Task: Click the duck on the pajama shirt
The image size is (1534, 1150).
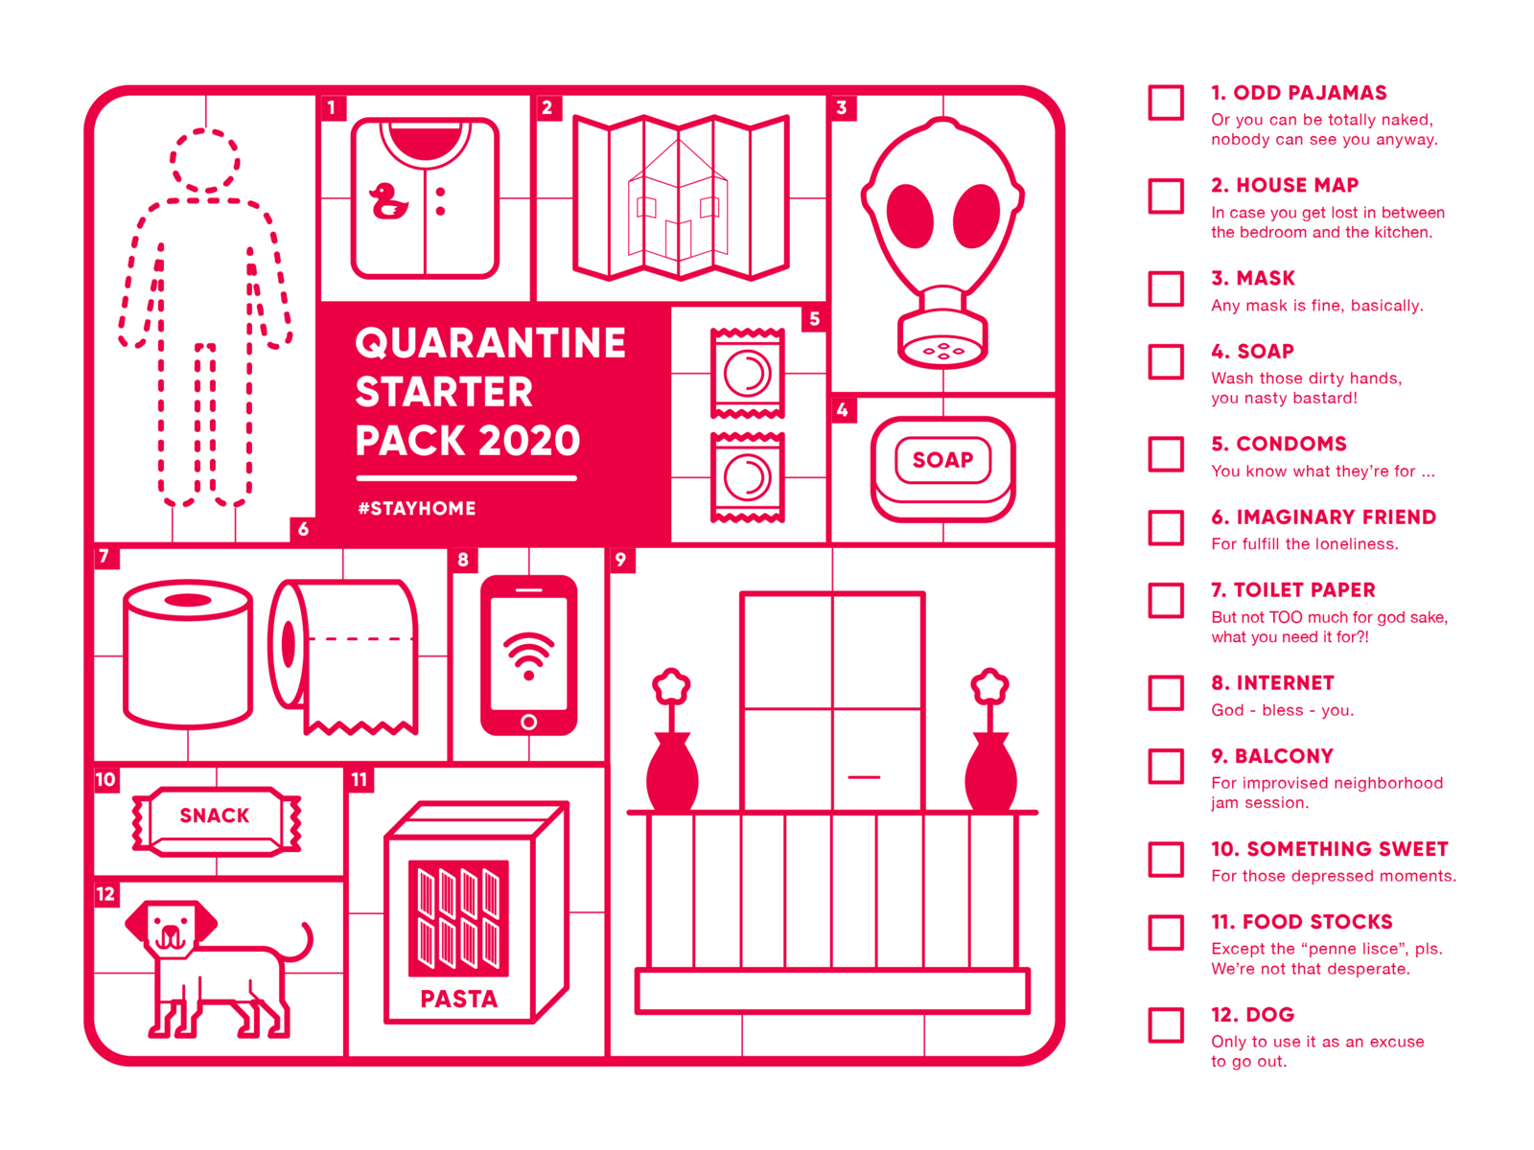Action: [x=388, y=201]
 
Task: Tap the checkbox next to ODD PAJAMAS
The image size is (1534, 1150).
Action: [x=1166, y=103]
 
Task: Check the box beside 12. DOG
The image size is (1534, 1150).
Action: [x=1166, y=1024]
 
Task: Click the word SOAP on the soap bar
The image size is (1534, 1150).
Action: [x=942, y=460]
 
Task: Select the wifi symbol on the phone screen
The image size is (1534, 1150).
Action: [x=528, y=655]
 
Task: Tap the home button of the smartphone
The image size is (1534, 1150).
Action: [x=528, y=722]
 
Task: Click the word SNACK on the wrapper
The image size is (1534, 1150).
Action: [x=215, y=816]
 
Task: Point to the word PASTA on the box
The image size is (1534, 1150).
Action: [x=459, y=1000]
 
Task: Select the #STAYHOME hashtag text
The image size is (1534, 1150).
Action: [x=417, y=509]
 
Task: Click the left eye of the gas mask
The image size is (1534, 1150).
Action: [x=910, y=215]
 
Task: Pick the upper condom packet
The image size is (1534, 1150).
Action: [x=748, y=374]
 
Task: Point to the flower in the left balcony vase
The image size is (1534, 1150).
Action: [x=671, y=686]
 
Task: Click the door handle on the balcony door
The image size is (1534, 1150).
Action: [x=864, y=777]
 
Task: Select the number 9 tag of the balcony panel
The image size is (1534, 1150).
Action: [x=621, y=560]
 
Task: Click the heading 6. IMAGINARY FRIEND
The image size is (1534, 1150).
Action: [x=1323, y=517]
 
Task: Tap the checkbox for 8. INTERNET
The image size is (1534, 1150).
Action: [x=1166, y=693]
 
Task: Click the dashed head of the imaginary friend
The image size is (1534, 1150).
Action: [x=204, y=160]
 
